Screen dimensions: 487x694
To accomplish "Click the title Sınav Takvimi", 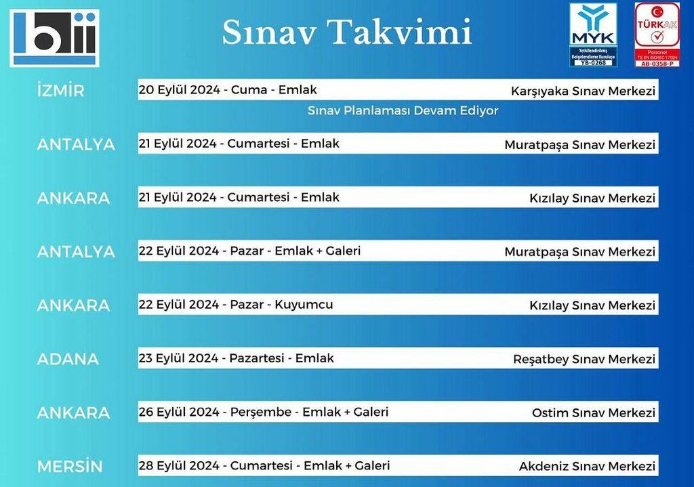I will [346, 32].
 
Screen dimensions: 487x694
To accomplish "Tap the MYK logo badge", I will [593, 35].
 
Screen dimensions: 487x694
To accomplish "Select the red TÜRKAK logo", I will [657, 35].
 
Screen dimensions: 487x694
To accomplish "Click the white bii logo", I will [54, 38].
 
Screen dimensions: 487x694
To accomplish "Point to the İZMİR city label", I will [60, 91].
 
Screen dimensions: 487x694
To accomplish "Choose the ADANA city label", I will [68, 359].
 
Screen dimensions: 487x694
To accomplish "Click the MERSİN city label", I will [70, 467].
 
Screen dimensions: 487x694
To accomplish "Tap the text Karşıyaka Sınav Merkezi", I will [583, 91].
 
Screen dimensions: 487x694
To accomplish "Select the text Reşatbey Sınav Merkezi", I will [584, 359].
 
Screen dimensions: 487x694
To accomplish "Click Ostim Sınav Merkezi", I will [593, 412].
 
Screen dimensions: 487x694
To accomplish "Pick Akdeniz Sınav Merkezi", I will [587, 466].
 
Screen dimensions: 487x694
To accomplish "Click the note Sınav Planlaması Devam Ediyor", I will [403, 110].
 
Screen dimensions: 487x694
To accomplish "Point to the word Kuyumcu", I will [304, 304].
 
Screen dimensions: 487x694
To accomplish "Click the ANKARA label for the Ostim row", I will [73, 412].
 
